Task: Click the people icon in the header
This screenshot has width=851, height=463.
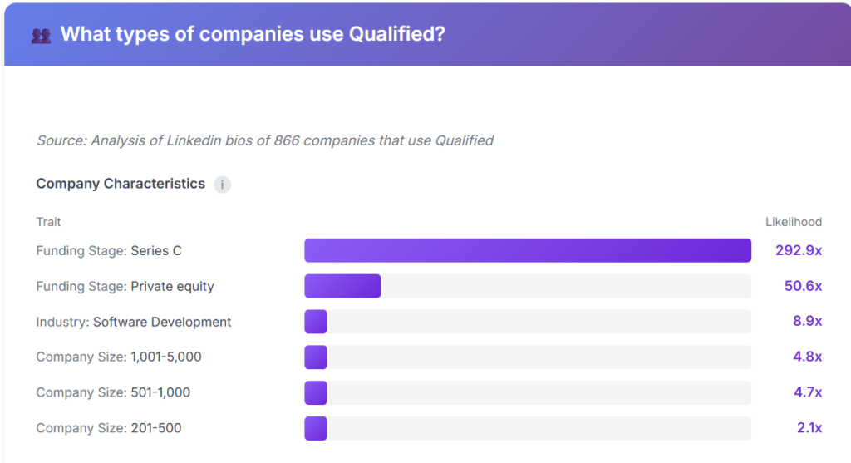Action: (x=41, y=35)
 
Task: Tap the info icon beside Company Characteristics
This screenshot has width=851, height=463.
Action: (x=222, y=185)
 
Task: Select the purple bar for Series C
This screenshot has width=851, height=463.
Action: (x=528, y=250)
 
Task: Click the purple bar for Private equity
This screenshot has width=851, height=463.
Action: (x=342, y=286)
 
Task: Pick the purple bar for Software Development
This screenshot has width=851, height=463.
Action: (x=316, y=322)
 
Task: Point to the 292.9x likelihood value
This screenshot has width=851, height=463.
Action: (x=799, y=250)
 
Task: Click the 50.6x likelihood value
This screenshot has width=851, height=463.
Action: (x=803, y=286)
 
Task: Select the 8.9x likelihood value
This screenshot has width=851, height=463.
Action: (x=807, y=322)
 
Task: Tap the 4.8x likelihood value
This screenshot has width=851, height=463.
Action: (x=807, y=357)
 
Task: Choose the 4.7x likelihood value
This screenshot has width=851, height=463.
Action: (x=807, y=392)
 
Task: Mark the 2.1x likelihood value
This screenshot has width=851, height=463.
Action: (x=809, y=428)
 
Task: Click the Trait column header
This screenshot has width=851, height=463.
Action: (x=48, y=222)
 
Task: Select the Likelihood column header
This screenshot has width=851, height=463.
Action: (x=793, y=222)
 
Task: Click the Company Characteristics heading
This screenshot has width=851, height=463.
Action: (x=121, y=184)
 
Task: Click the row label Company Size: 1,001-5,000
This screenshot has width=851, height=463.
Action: (x=119, y=357)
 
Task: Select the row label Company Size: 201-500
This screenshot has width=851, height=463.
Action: (x=109, y=428)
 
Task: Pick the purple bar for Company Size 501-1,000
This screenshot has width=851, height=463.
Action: (x=316, y=392)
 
